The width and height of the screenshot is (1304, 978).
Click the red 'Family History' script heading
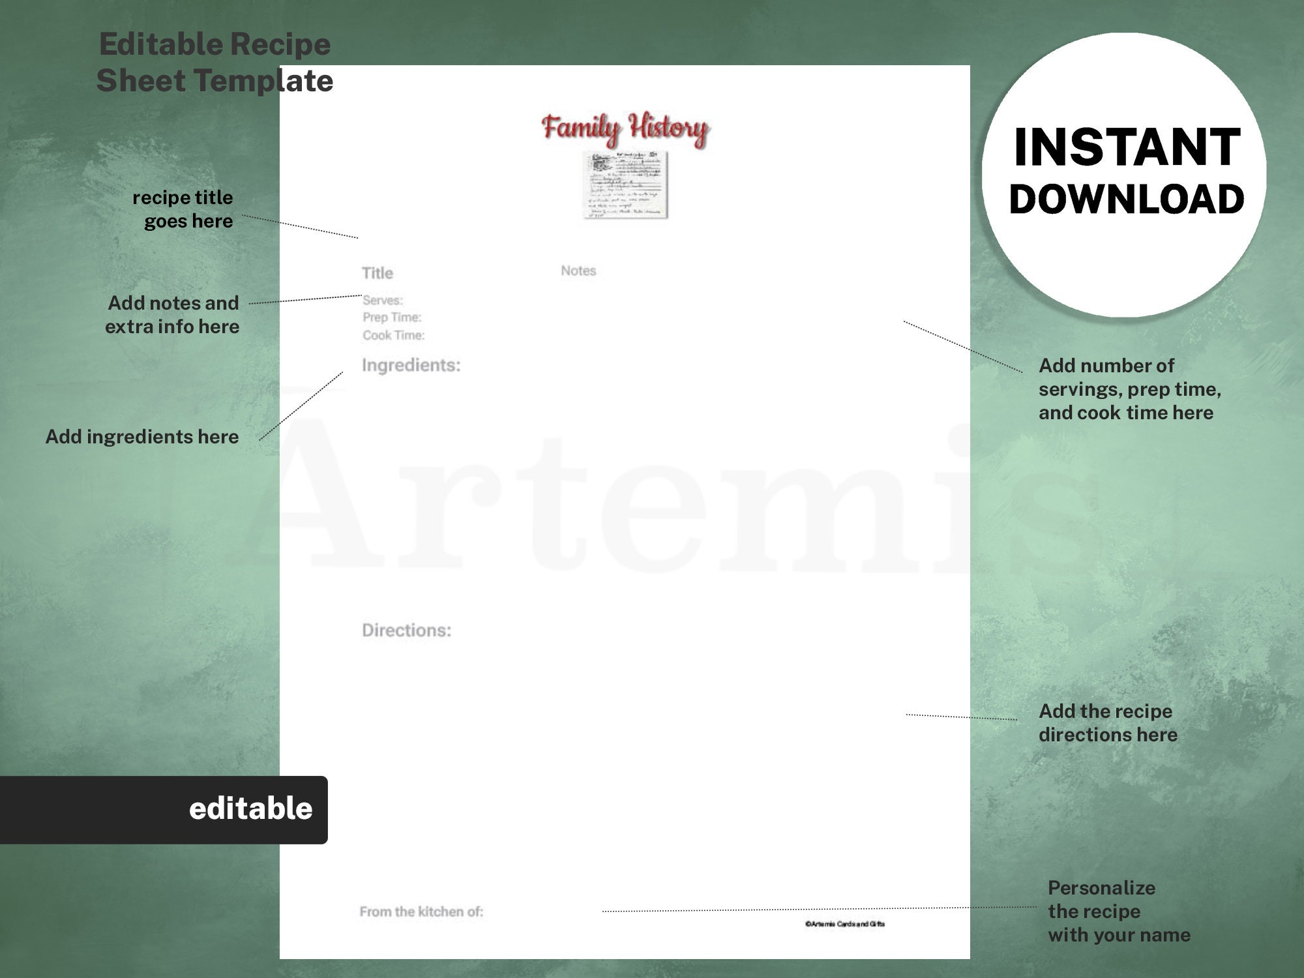625,128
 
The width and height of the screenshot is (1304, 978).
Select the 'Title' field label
378,273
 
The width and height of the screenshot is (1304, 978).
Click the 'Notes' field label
578,271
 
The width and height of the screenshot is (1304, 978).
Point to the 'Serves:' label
383,300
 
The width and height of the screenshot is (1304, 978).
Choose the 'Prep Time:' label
392,318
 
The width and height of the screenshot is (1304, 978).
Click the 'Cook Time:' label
393,335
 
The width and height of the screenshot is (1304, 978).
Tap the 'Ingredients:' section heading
411,365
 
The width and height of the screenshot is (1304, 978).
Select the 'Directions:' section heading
406,630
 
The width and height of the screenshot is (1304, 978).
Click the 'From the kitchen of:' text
421,911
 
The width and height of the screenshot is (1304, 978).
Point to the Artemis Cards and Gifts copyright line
845,924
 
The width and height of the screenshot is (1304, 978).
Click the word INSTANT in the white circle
1127,147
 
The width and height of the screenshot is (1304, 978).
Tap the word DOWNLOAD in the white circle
1127,200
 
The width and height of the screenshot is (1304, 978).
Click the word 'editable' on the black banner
250,809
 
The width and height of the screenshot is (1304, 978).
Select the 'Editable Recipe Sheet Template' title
215,63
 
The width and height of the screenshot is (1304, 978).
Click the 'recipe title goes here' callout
183,209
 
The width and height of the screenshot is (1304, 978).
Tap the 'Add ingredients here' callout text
142,437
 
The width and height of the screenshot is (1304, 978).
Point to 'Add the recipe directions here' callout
1108,723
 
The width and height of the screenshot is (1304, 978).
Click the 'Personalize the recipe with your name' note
1119,911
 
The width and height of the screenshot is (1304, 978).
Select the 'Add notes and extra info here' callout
173,315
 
